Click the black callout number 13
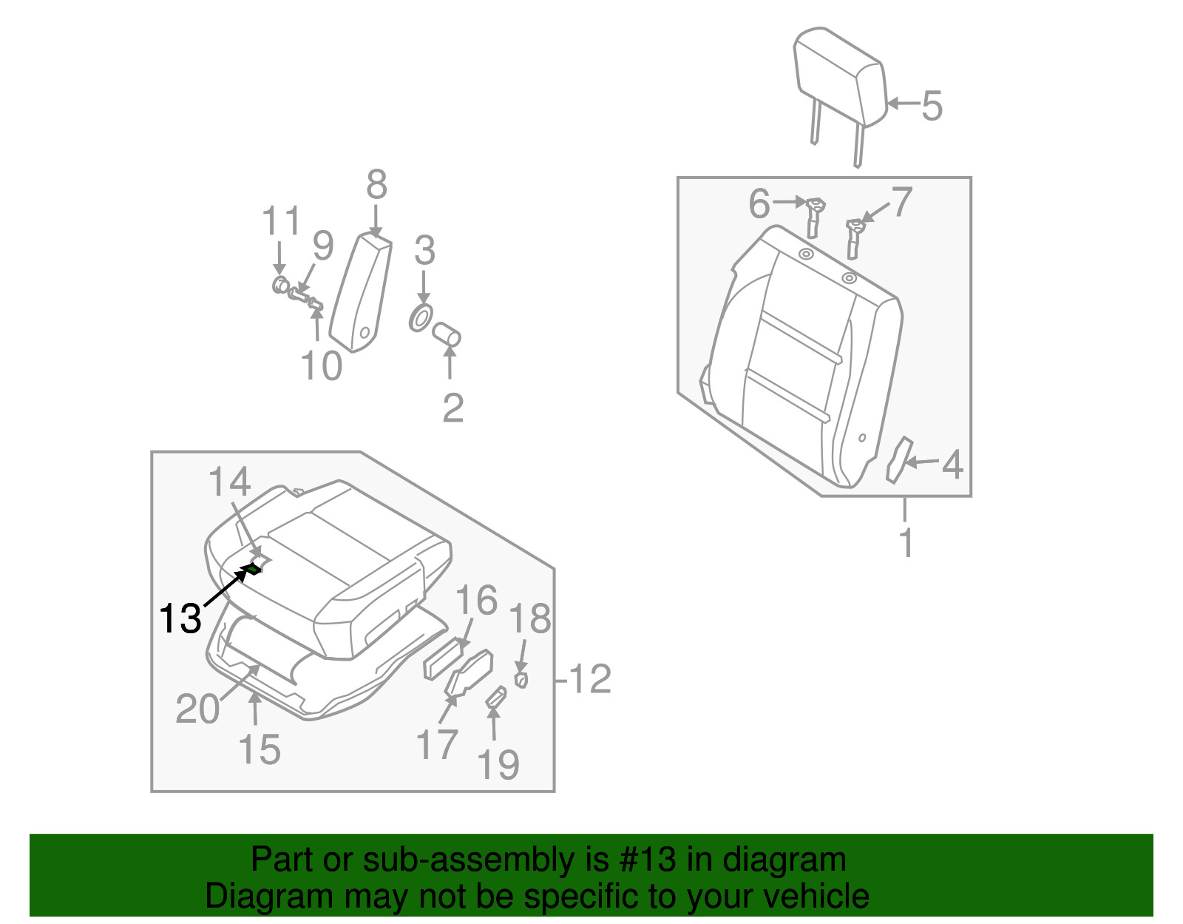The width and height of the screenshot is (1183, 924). [x=180, y=618]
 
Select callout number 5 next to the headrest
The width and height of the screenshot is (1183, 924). [x=932, y=105]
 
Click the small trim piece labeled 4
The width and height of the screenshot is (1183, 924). [x=899, y=459]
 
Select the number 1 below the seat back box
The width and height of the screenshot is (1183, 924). [x=906, y=542]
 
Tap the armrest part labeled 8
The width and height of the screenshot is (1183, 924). [x=361, y=292]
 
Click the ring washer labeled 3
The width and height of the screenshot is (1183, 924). [x=421, y=319]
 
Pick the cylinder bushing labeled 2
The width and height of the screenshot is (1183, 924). [x=447, y=334]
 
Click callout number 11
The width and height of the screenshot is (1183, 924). [x=281, y=221]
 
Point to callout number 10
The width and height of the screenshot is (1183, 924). [x=322, y=365]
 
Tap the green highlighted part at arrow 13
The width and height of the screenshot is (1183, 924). [x=253, y=568]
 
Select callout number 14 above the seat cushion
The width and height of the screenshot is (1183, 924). [x=229, y=482]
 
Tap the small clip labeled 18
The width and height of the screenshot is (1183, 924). [x=521, y=679]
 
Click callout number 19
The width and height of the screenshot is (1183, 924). [x=498, y=764]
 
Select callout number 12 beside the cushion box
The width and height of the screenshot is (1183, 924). [x=591, y=678]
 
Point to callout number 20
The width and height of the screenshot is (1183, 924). [x=197, y=709]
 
